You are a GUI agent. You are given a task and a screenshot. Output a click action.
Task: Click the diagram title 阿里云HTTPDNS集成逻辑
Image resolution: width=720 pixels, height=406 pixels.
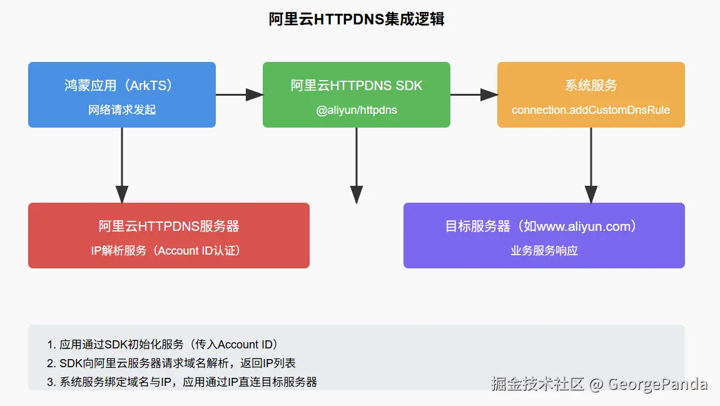pos(356,19)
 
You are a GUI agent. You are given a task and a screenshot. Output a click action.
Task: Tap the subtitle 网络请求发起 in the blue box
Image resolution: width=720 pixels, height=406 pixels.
pos(122,110)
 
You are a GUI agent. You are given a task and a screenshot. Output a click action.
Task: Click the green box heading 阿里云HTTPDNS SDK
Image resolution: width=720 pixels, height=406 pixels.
pos(356,86)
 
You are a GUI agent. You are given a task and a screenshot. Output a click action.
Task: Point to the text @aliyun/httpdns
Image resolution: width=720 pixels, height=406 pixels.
pos(356,110)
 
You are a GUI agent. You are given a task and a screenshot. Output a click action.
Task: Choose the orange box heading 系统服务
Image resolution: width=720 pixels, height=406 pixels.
pos(591,86)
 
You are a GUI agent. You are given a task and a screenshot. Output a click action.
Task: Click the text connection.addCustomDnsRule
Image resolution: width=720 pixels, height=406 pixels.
pos(591,110)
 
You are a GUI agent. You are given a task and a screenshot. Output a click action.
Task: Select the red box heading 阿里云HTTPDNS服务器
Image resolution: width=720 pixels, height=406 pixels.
pos(169,226)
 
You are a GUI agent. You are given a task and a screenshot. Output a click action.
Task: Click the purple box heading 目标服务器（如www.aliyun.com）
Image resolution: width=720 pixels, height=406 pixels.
pos(544,226)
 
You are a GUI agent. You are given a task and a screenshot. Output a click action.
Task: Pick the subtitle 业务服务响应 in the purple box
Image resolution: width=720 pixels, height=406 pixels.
pos(544,250)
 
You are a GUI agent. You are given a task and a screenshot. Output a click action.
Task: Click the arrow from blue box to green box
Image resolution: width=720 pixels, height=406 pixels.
pos(239,94)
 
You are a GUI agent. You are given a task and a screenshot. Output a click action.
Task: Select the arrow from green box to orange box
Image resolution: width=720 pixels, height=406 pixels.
pos(474,94)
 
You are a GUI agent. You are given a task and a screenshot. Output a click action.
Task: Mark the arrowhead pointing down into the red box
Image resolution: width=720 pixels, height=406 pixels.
pos(122,195)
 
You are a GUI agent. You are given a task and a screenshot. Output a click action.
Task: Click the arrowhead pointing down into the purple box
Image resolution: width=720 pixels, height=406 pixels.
pos(591,195)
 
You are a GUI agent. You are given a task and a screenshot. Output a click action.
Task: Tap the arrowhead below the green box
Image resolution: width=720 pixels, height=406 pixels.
pos(356,195)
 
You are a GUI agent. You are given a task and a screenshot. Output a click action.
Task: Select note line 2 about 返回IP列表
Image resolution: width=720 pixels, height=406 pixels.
pos(171,363)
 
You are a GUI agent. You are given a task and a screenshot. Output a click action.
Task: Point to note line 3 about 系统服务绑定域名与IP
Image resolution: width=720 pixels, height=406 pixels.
pos(182,382)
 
